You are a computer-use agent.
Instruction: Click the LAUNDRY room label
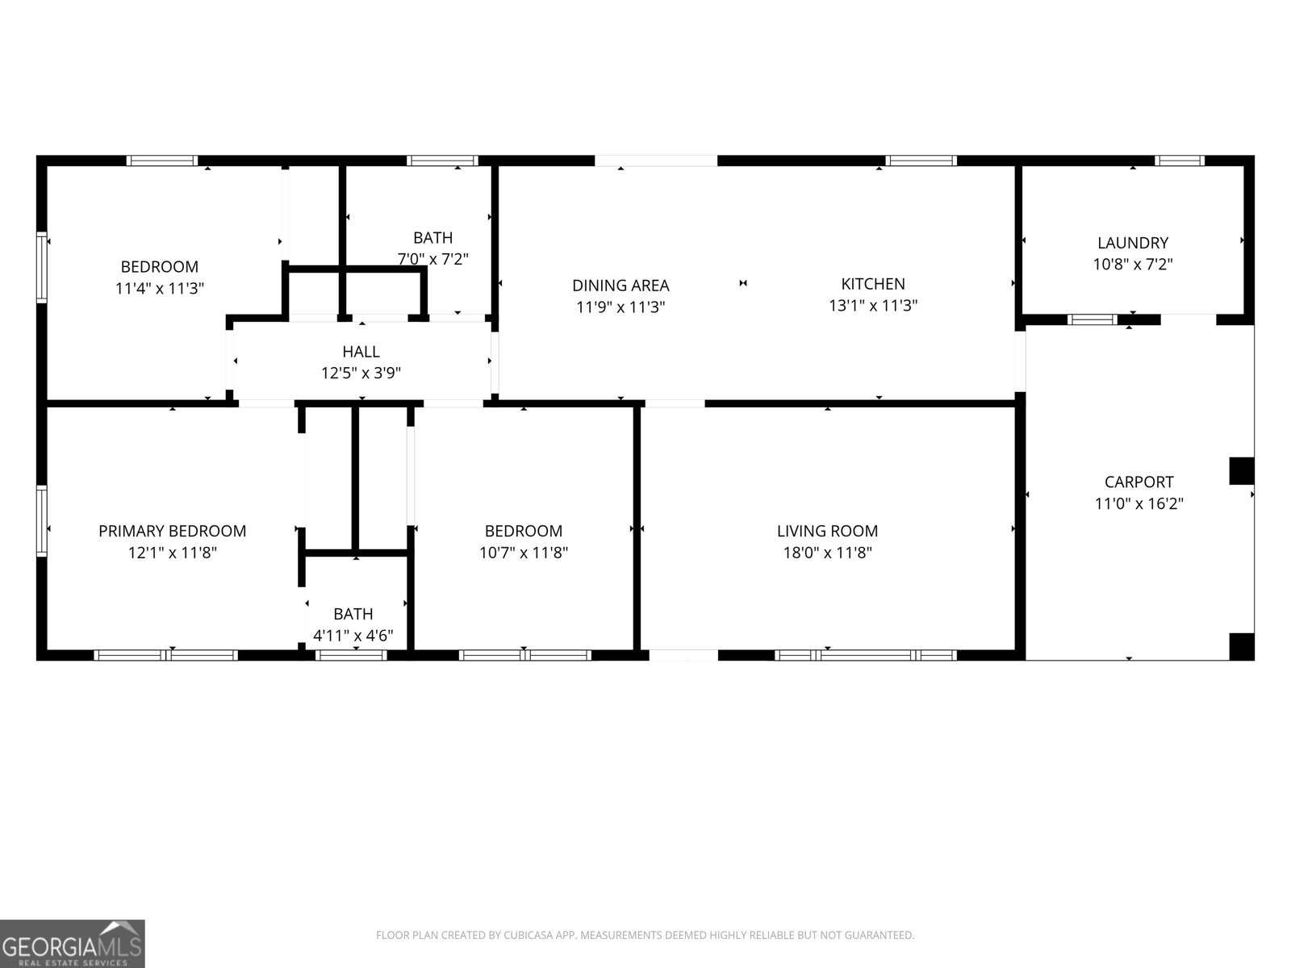[x=1132, y=243]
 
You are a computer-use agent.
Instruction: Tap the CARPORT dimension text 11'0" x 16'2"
[x=1139, y=504]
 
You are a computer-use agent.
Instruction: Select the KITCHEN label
[x=873, y=284]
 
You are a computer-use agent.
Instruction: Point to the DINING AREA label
[x=620, y=286]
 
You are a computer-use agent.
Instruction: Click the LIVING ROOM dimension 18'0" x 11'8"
[x=827, y=553]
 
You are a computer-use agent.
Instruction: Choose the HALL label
[x=361, y=352]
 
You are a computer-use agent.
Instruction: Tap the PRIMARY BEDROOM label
[x=172, y=531]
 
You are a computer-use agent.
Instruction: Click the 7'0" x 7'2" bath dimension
[x=432, y=259]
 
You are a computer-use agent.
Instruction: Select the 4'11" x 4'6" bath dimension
[x=353, y=636]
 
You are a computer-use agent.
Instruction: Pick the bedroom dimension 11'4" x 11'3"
[x=159, y=288]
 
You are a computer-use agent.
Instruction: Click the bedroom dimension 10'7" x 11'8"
[x=523, y=553]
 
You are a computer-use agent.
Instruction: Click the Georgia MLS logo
[x=72, y=943]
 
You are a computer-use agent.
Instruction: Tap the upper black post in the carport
[x=1241, y=471]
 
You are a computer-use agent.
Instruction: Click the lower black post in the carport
[x=1241, y=646]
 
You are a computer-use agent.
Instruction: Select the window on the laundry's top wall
[x=1179, y=161]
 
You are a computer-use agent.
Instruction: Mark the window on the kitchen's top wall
[x=921, y=161]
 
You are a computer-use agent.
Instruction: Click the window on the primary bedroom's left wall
[x=42, y=520]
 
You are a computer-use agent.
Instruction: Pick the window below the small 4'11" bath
[x=351, y=655]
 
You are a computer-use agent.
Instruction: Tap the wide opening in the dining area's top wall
[x=655, y=161]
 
